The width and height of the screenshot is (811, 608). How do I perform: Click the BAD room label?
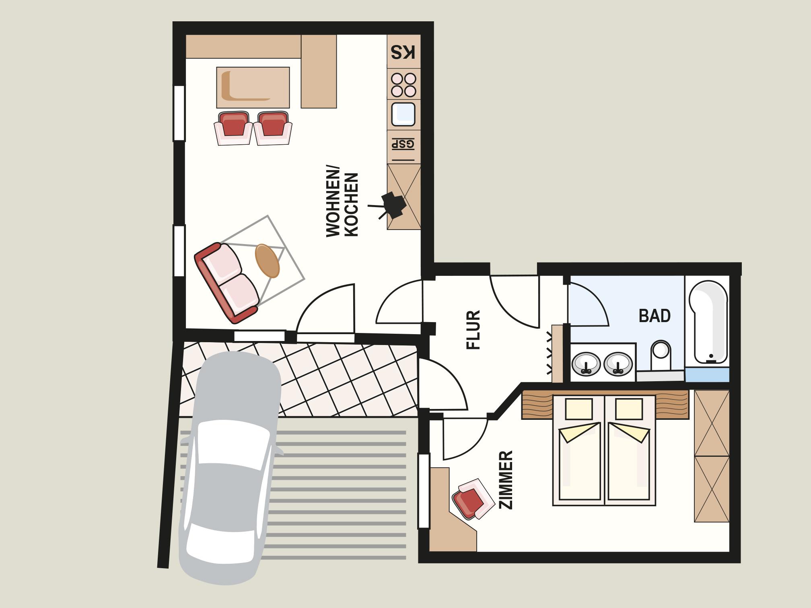pos(655,316)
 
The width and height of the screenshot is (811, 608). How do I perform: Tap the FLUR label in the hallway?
pos(473,329)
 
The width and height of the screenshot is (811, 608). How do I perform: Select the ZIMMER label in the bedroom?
pos(506,480)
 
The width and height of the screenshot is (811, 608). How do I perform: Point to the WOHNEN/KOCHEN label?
pos(342,205)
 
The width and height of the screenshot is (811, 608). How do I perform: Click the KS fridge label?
pos(403,53)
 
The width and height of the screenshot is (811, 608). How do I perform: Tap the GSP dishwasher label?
pos(403,144)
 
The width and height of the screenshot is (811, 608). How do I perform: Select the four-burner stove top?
pos(404,85)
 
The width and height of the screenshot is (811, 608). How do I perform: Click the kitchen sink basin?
pos(403,114)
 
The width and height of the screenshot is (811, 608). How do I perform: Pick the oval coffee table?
pos(268,261)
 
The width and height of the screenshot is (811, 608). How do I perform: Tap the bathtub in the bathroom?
pos(708,322)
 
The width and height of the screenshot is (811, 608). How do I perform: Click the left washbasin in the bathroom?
pos(587,364)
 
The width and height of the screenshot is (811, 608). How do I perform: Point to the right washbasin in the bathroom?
pos(618,364)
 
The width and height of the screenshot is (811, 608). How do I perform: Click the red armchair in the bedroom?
pos(473,499)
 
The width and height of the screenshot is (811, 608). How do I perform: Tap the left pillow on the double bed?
pos(579,409)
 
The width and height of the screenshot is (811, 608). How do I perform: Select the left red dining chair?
pos(233,128)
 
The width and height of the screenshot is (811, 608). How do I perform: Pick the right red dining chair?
pos(273,128)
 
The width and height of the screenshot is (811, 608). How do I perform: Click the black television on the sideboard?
pos(392,205)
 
